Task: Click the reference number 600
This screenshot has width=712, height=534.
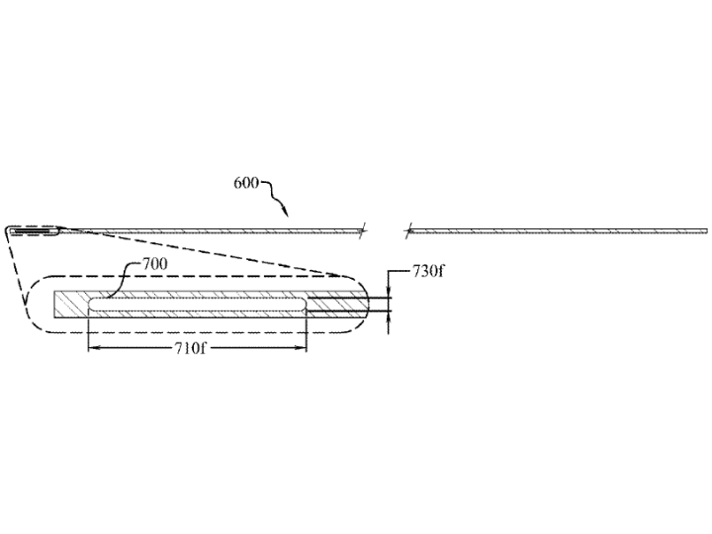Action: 246,183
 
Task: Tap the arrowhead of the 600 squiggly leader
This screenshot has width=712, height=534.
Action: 285,212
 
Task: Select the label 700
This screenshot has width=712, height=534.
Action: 155,264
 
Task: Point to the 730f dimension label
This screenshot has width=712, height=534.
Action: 428,271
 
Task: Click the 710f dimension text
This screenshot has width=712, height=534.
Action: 190,348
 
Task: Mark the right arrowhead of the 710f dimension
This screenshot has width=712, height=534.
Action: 301,348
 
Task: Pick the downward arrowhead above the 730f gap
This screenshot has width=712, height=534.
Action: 389,293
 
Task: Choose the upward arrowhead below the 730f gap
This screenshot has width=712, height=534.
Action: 389,317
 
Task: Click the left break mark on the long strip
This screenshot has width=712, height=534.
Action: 362,231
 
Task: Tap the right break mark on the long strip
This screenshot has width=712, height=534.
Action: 408,231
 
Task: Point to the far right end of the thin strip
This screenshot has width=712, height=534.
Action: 706,231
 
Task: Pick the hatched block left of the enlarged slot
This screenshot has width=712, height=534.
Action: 71,305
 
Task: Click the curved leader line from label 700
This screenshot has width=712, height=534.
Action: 122,278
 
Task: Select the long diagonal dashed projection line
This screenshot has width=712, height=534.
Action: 201,251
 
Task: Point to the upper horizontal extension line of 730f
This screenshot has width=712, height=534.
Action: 349,298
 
